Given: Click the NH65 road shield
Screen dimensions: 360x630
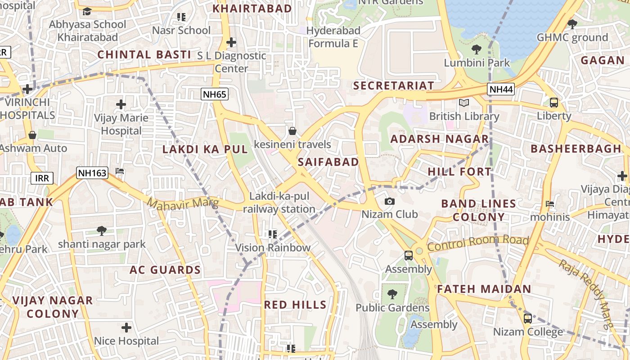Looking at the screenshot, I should [x=215, y=94].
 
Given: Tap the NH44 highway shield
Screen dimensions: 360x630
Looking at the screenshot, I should [x=501, y=89].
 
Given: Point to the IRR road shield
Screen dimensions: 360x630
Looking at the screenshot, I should [x=42, y=178].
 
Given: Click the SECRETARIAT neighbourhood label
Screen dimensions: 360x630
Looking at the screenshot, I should [x=394, y=85].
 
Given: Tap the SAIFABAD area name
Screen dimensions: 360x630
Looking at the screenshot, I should [x=328, y=162].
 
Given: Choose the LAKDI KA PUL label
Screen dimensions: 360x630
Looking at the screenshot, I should [x=205, y=149].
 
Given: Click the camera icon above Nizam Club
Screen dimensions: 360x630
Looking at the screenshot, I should [x=390, y=201].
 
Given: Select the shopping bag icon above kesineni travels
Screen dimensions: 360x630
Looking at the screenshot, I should [x=292, y=131].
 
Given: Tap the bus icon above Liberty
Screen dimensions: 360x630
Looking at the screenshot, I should [x=554, y=103].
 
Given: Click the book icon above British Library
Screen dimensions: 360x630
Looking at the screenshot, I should [x=464, y=103].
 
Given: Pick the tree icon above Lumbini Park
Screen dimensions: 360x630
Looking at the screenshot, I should [x=477, y=49].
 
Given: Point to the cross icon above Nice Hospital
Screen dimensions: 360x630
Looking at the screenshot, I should [x=126, y=327].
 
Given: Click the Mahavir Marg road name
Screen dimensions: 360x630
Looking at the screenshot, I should [x=183, y=204].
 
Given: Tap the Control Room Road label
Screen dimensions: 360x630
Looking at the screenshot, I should [x=477, y=243].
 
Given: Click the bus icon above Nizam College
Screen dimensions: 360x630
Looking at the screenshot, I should [x=528, y=319].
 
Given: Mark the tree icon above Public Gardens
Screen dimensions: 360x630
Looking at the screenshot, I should [x=392, y=294].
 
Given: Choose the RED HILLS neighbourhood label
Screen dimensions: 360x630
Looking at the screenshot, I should [x=295, y=305].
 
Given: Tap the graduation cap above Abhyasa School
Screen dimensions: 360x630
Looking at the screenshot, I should [x=87, y=11].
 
